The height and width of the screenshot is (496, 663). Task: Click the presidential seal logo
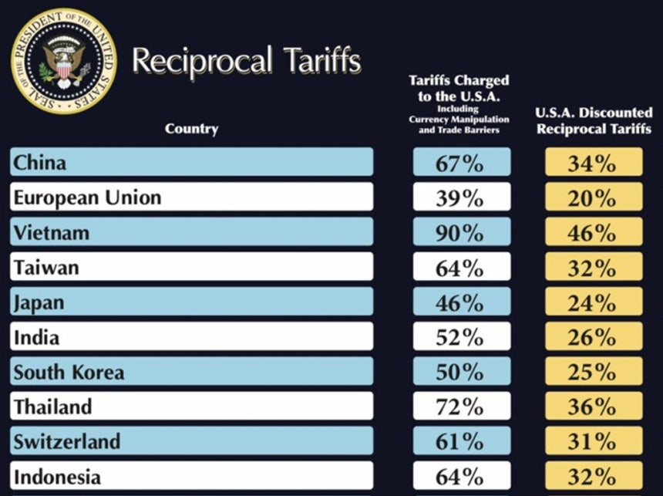[63, 61]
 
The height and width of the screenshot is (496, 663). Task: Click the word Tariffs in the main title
[322, 60]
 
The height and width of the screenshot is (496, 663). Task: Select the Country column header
[191, 129]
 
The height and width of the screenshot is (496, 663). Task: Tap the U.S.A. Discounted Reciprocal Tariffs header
[594, 120]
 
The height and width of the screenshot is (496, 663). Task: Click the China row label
[40, 162]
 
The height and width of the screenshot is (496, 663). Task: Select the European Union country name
[88, 197]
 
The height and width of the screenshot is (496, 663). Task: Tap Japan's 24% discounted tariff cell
[594, 302]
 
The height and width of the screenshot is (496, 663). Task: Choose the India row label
[36, 337]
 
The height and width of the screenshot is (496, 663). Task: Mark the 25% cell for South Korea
[594, 371]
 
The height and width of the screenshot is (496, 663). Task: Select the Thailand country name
[53, 407]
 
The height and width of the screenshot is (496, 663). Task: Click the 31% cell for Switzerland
[594, 441]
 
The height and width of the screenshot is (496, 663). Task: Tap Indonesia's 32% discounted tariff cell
[594, 476]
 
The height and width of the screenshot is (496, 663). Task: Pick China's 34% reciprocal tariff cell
[594, 162]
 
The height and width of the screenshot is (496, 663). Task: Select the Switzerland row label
[67, 441]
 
